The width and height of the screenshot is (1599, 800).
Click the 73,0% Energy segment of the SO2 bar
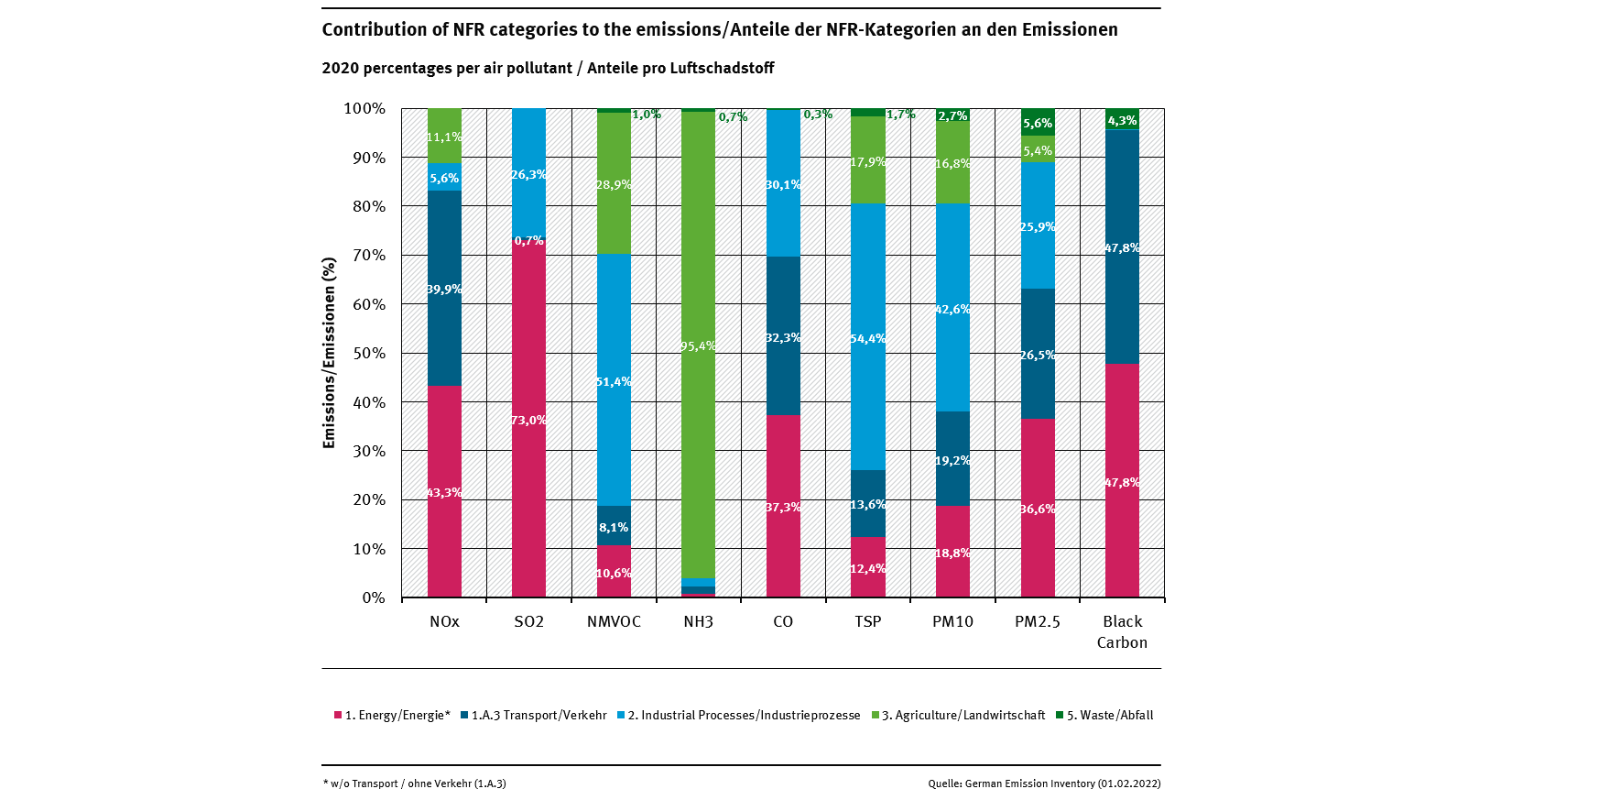(x=528, y=419)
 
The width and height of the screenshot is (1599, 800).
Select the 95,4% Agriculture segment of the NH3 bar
(x=698, y=345)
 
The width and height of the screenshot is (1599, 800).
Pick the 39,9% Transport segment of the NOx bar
(x=444, y=288)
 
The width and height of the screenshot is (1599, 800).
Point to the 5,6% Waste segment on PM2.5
(x=1038, y=122)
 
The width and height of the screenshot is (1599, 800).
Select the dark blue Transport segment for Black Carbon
(x=1122, y=247)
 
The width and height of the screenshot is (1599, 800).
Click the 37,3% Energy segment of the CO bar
(x=783, y=506)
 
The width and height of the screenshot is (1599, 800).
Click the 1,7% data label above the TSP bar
(x=901, y=115)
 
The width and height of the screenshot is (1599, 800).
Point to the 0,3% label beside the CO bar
(x=818, y=115)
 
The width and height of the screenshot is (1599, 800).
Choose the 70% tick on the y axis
(x=368, y=255)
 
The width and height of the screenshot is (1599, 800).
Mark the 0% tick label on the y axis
(x=373, y=597)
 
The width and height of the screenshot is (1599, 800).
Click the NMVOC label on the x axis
(x=614, y=621)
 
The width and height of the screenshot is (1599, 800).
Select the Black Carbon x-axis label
(x=1122, y=631)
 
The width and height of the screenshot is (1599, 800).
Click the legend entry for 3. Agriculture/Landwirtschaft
(x=958, y=715)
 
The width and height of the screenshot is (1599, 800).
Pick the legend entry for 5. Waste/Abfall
(x=1104, y=715)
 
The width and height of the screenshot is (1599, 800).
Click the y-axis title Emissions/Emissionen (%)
(x=330, y=353)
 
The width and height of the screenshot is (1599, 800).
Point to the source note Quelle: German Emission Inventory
(x=1044, y=784)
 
